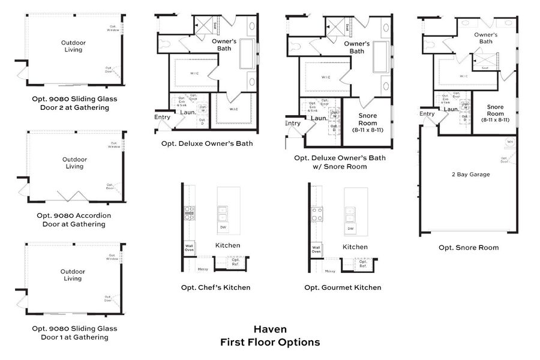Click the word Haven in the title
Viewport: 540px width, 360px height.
coord(269,329)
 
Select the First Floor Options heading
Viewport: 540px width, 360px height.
coord(269,342)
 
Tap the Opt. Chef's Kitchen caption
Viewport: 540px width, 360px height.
coord(215,287)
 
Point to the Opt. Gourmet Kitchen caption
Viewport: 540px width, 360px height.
coord(343,287)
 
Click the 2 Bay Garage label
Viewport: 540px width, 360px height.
coord(470,175)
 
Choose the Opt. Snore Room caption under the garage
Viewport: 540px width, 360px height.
coord(468,247)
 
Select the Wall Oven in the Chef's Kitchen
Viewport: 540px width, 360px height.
coord(189,247)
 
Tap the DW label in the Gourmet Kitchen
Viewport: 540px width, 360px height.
coord(350,229)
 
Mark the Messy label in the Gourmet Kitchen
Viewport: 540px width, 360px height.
coord(330,271)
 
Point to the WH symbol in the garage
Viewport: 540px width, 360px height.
coord(510,143)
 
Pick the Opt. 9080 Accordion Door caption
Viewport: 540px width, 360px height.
coord(74,220)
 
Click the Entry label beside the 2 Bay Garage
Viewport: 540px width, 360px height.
coord(427,114)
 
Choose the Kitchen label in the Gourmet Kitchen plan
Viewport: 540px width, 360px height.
coord(355,247)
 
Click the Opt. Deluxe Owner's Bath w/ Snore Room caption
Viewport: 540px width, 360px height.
coord(340,162)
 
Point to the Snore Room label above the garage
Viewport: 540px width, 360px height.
coord(495,110)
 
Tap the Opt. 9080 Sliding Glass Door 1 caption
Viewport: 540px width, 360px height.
coord(74,332)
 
